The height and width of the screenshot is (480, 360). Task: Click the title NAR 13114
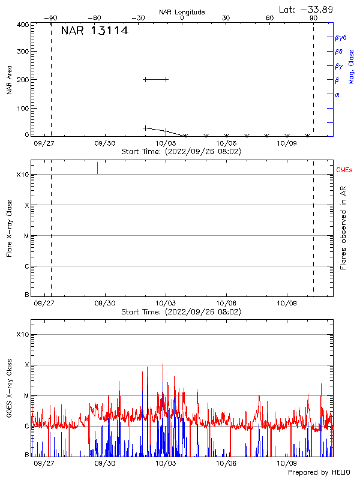[94, 31]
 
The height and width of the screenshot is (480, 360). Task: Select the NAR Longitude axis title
[182, 12]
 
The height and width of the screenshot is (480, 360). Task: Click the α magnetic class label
[337, 94]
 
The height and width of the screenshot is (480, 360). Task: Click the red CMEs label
[345, 170]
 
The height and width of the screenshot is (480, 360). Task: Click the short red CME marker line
[97, 168]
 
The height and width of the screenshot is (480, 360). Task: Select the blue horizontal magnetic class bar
[156, 79]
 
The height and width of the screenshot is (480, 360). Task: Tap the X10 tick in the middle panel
[22, 175]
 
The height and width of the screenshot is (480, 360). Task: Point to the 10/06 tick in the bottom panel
[226, 463]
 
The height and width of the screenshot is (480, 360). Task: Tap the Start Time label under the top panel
[181, 152]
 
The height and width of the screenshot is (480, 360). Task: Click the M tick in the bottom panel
[26, 396]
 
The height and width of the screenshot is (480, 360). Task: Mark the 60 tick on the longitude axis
[270, 18]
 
